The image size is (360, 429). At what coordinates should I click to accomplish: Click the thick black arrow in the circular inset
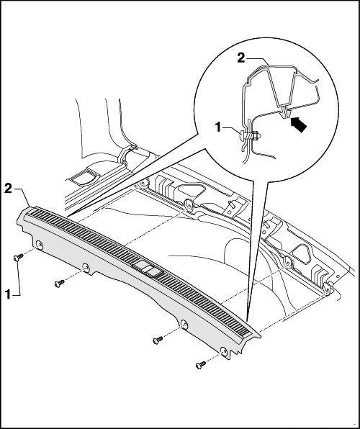click(x=298, y=125)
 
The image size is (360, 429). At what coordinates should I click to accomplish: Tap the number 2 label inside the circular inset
click(x=241, y=58)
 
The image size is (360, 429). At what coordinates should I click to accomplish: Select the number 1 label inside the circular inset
click(x=218, y=127)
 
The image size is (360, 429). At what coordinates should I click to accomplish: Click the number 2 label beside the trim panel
click(x=8, y=189)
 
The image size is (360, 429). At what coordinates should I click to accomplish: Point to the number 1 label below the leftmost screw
click(x=8, y=294)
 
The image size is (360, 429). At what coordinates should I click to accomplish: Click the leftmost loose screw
click(x=18, y=257)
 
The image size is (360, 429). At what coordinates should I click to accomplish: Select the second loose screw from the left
click(x=60, y=283)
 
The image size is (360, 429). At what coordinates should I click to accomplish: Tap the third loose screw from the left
click(x=158, y=340)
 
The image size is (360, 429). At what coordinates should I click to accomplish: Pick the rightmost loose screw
click(x=201, y=365)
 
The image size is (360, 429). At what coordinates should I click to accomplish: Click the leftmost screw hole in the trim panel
click(x=40, y=245)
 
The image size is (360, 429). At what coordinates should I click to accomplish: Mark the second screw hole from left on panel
click(x=86, y=268)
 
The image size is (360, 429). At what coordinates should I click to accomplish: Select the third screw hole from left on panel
click(x=184, y=324)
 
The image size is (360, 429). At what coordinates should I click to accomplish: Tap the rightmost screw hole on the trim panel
click(x=224, y=351)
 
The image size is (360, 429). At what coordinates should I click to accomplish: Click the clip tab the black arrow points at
click(x=285, y=112)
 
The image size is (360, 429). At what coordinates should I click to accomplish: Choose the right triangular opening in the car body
click(x=302, y=253)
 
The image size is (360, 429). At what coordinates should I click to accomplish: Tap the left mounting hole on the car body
click(x=189, y=204)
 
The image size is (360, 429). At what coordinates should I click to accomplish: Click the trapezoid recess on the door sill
click(x=84, y=176)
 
